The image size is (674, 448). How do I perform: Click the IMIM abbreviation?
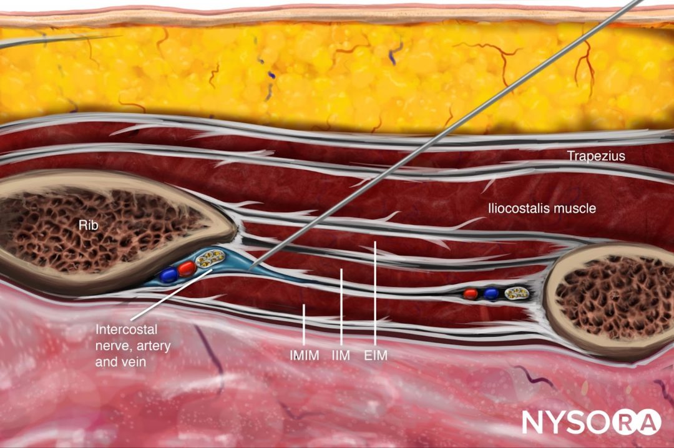[305, 356]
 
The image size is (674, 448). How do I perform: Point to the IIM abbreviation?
[341, 356]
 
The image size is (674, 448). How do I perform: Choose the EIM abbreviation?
[376, 356]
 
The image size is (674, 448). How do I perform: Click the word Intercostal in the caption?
[125, 329]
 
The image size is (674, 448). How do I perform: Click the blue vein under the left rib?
[167, 274]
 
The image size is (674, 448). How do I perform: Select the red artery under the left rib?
[186, 269]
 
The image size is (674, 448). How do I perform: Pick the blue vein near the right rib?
[492, 293]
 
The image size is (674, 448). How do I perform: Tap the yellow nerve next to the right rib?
[515, 292]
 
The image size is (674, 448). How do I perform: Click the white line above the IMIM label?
[303, 324]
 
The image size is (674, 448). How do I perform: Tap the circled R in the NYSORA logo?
[621, 421]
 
